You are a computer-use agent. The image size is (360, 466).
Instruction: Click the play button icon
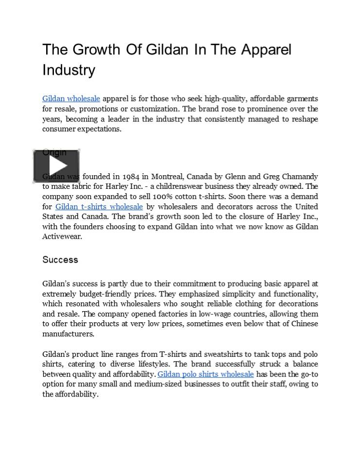tap(56, 166)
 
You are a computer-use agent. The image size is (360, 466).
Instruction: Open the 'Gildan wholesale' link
tap(71, 99)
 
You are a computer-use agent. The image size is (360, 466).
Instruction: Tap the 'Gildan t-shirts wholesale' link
tap(99, 207)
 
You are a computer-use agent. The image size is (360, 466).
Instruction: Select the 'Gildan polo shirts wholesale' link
tap(206, 374)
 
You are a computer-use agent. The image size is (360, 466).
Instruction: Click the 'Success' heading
tap(60, 260)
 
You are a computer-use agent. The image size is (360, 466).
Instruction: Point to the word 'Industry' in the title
tap(69, 70)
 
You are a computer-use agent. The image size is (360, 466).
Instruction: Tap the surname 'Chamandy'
tap(298, 177)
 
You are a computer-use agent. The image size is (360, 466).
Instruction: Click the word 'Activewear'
tap(62, 237)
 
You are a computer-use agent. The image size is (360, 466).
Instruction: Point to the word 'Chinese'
tap(305, 324)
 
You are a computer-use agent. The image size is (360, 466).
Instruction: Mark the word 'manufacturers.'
tap(68, 334)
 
